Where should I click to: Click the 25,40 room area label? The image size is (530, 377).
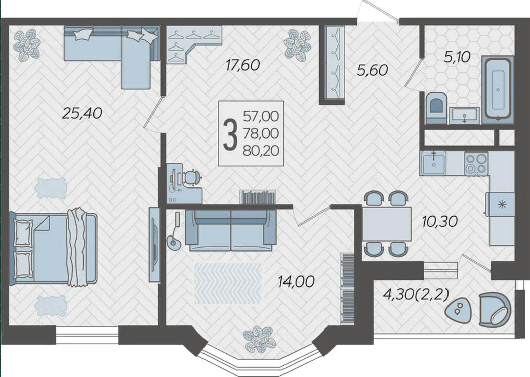pyautogui.click(x=82, y=113)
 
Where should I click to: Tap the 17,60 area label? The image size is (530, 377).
pyautogui.click(x=242, y=65)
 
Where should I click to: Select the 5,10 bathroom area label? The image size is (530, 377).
pyautogui.click(x=457, y=57)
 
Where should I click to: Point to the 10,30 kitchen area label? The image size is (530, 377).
pyautogui.click(x=439, y=222)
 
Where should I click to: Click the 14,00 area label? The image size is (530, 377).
pyautogui.click(x=296, y=281)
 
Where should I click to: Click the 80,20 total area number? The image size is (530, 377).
pyautogui.click(x=261, y=151)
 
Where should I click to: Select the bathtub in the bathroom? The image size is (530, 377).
pyautogui.click(x=498, y=88)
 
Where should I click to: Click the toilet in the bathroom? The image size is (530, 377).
pyautogui.click(x=436, y=107)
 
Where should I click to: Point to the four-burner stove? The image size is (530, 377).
pyautogui.click(x=476, y=164)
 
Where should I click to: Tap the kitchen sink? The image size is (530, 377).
pyautogui.click(x=433, y=164)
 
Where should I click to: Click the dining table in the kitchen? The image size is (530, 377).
pyautogui.click(x=387, y=224)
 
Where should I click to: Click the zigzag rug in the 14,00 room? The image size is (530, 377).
pyautogui.click(x=228, y=284)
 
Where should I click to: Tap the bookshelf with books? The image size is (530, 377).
pyautogui.click(x=258, y=197)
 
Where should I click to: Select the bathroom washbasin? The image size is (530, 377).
pyautogui.click(x=464, y=115)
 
